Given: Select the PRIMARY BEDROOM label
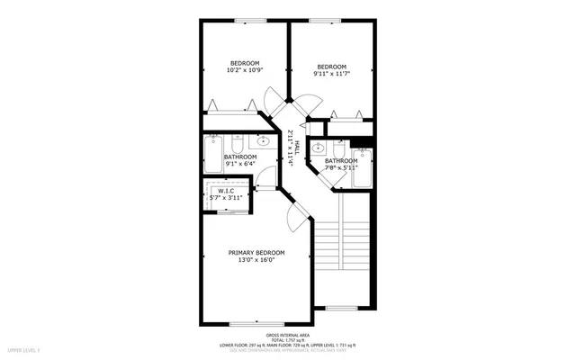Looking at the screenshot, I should point(256,252).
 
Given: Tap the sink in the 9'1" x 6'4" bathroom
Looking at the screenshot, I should point(264,142).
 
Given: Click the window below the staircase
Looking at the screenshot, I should point(341,308).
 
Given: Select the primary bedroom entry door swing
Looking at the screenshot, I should point(294,217).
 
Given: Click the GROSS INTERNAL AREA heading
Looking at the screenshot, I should point(287,333).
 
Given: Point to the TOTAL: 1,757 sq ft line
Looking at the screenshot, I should point(287,339).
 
